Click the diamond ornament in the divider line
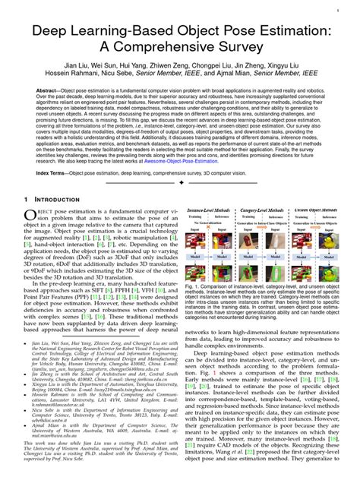click(x=180, y=183)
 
